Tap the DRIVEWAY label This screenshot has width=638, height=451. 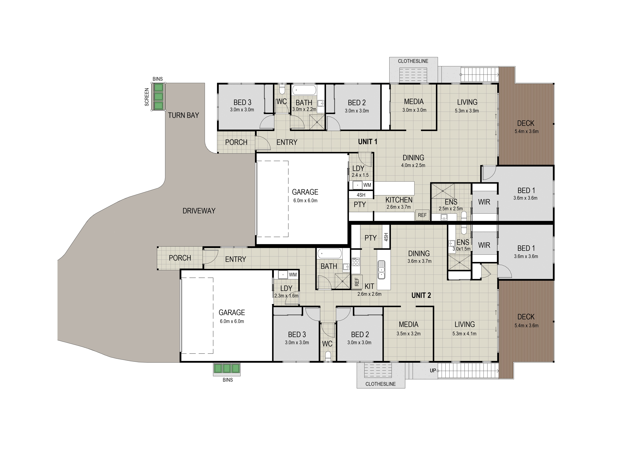(199, 211)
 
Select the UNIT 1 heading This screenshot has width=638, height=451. (368, 142)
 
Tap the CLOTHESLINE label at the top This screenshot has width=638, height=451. (413, 61)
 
